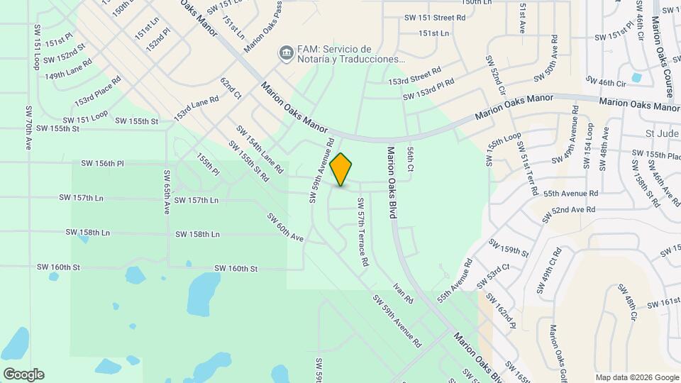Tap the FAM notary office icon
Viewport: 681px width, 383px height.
tap(285, 53)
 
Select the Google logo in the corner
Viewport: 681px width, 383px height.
tap(23, 374)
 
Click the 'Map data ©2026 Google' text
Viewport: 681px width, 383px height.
tap(637, 377)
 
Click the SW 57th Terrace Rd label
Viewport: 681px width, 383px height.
tap(362, 237)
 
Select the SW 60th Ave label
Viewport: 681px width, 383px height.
tap(285, 227)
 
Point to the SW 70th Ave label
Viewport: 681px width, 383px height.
tap(28, 128)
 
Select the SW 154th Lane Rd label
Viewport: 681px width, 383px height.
tap(260, 150)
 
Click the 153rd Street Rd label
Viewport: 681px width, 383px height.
tap(415, 76)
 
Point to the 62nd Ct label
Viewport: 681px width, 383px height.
tap(231, 89)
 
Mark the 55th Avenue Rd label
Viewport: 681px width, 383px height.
tap(572, 193)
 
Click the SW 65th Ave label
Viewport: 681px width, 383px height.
tap(167, 191)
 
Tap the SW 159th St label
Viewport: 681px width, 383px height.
tap(509, 248)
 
